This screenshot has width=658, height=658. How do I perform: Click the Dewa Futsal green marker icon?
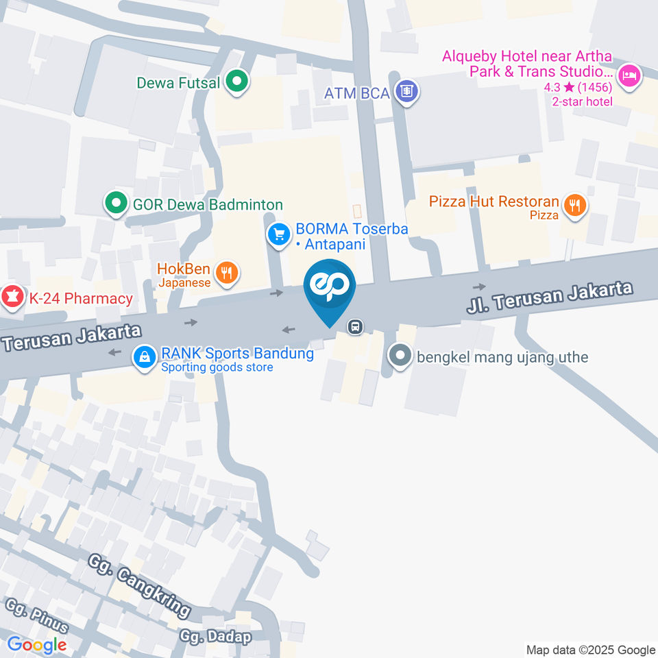click(x=237, y=83)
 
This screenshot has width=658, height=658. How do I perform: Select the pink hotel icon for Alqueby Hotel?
click(x=629, y=76)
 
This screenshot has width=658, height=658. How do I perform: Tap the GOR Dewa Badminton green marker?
click(x=116, y=204)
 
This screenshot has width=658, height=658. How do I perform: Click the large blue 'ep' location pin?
click(x=330, y=288)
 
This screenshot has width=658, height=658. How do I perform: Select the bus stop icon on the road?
click(x=355, y=326)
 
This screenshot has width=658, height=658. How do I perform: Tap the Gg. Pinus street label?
click(x=37, y=615)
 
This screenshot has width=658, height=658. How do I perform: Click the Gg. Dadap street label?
click(x=215, y=635)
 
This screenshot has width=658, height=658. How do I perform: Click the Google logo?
click(x=36, y=645)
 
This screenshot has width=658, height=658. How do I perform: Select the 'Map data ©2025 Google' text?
click(x=591, y=650)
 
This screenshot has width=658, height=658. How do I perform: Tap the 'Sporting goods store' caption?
click(x=217, y=367)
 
